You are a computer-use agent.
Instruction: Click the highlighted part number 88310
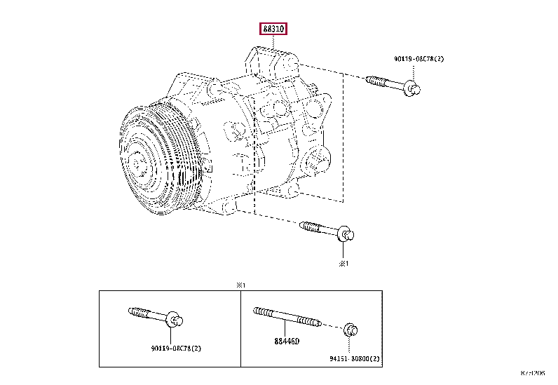coord(274,29)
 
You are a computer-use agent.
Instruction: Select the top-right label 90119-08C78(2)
coord(418,60)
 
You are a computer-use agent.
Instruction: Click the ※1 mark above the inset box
coord(241,285)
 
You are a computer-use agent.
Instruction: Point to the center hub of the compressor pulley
coord(137,162)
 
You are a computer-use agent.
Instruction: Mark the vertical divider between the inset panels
coord(241,327)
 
